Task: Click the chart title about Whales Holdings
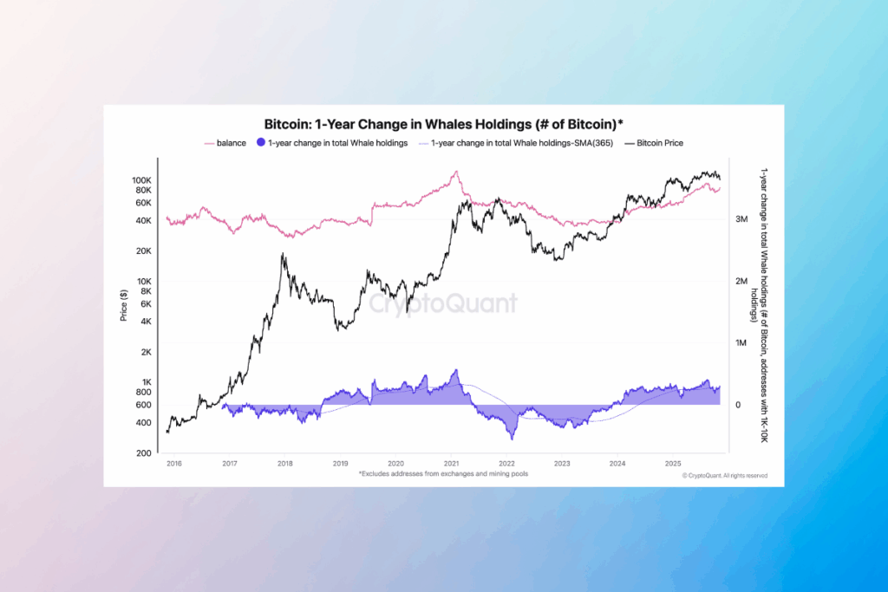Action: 443,124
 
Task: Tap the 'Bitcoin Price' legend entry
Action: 659,142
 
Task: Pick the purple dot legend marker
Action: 261,142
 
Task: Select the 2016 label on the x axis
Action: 173,464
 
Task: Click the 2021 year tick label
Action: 451,464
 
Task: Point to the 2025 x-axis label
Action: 673,464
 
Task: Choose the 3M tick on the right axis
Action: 742,220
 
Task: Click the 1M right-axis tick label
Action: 742,343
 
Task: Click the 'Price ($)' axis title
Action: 123,306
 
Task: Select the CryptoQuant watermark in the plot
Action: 443,303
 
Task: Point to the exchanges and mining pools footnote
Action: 443,474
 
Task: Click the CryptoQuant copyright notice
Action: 725,476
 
